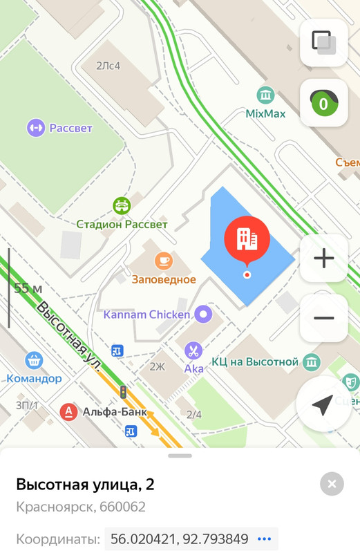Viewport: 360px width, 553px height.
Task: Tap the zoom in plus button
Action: (323, 259)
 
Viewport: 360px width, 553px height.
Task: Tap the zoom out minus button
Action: (323, 318)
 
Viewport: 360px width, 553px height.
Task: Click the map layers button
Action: (323, 43)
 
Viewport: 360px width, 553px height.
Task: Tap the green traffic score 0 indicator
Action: (323, 104)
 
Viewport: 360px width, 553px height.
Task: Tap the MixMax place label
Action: (265, 113)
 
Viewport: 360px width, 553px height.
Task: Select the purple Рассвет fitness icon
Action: (35, 128)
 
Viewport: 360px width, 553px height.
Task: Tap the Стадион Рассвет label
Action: (122, 224)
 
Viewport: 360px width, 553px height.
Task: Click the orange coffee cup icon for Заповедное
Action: (164, 261)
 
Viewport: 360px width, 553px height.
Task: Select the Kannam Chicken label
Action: (146, 315)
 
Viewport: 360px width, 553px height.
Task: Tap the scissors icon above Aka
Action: (194, 350)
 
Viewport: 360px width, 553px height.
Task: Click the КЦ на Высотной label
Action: (255, 362)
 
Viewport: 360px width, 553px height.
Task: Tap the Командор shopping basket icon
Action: (34, 360)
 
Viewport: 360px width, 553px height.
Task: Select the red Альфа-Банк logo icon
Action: (68, 412)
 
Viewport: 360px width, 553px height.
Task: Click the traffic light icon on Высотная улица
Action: (123, 392)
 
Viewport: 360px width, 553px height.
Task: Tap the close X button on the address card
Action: (332, 484)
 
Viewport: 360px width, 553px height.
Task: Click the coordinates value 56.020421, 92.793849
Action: (179, 539)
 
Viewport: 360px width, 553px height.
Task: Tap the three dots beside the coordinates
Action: (264, 539)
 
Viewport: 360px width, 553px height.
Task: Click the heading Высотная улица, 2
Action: (85, 484)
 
